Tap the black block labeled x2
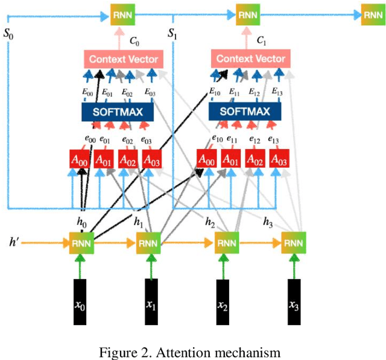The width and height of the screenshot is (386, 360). (222, 302)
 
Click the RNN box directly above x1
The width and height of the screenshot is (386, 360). (147, 243)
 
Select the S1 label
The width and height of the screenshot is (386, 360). (172, 34)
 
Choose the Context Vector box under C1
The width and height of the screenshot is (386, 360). (248, 59)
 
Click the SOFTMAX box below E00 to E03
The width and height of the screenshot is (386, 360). (118, 112)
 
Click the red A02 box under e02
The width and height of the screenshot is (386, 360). (127, 160)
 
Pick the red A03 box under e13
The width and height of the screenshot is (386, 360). (278, 160)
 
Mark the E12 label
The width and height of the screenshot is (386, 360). (255, 93)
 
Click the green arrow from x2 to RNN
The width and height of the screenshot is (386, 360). (222, 265)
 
